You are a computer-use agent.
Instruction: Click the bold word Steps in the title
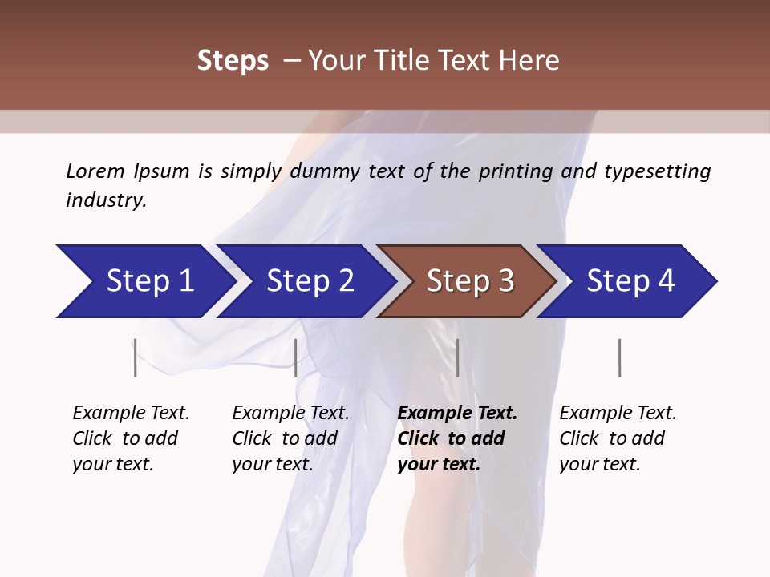tap(233, 61)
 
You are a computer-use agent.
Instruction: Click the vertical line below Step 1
tap(135, 357)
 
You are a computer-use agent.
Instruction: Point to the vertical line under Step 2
tap(296, 357)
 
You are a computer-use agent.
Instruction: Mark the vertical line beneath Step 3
tap(457, 357)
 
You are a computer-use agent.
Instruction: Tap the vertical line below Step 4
tap(619, 357)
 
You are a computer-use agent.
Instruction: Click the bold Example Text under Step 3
tap(457, 413)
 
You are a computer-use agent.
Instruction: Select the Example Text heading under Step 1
tap(131, 413)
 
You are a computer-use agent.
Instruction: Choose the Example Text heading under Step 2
tap(290, 413)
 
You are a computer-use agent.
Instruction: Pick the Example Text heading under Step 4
tap(618, 413)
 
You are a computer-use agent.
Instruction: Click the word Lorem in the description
tap(95, 171)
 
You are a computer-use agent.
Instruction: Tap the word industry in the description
tap(105, 200)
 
